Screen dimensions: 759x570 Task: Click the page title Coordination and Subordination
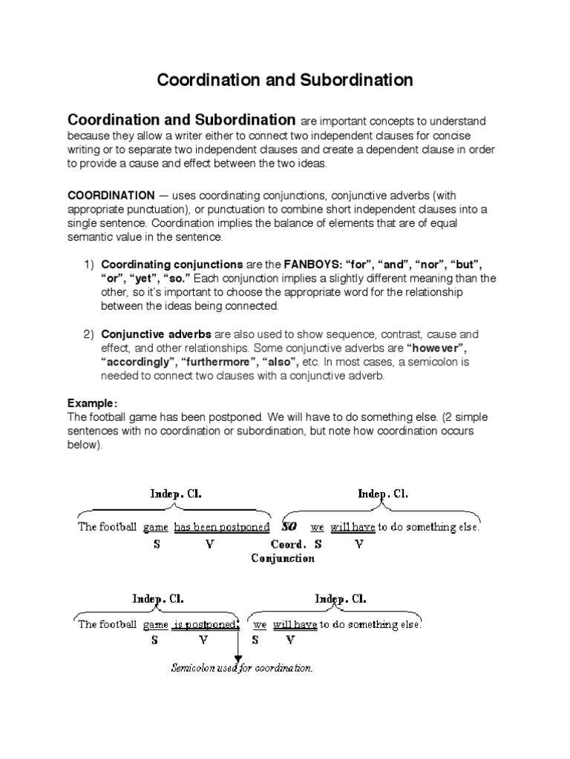[x=285, y=80]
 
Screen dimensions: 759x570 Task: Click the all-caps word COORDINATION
[x=110, y=196]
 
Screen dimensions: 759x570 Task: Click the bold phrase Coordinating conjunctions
[x=172, y=264]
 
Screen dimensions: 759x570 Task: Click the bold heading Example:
[x=93, y=403]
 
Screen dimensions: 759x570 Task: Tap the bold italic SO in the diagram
[x=291, y=528]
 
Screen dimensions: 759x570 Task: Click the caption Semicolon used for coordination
[x=241, y=669]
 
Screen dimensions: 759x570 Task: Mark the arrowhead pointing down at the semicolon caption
[x=238, y=657]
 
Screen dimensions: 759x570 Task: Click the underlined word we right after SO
[x=317, y=528]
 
